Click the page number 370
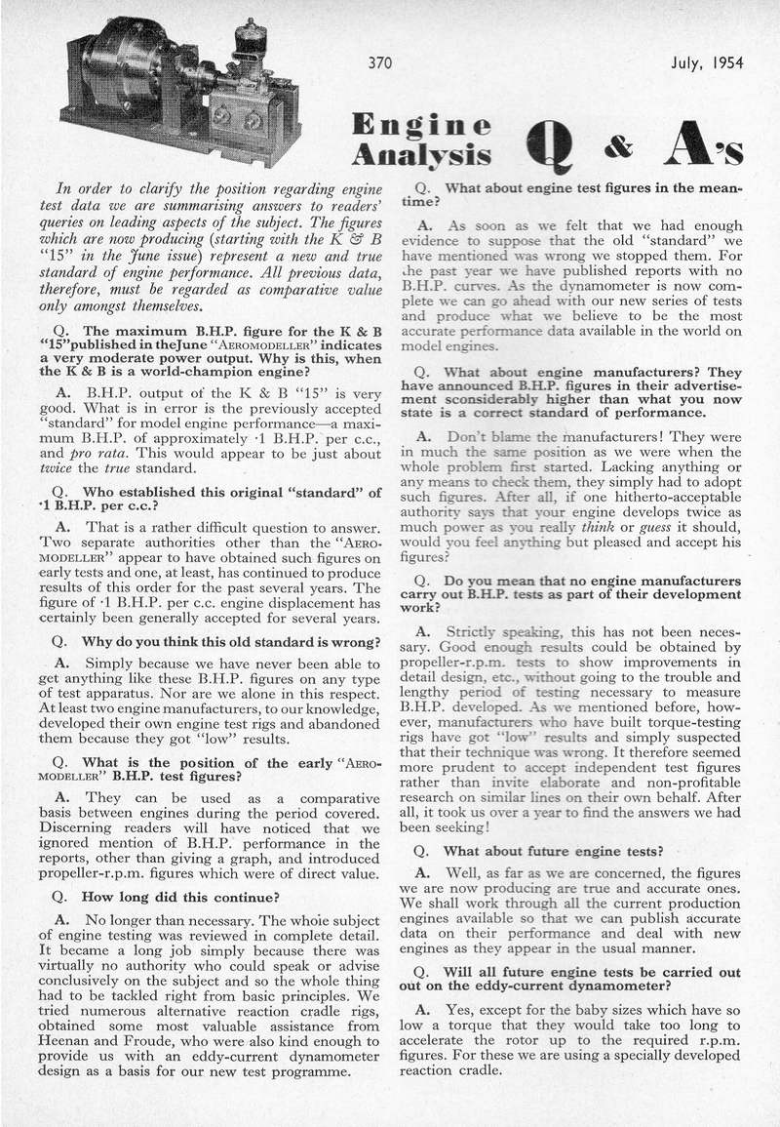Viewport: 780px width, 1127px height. [379, 64]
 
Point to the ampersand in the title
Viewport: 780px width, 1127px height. [617, 146]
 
